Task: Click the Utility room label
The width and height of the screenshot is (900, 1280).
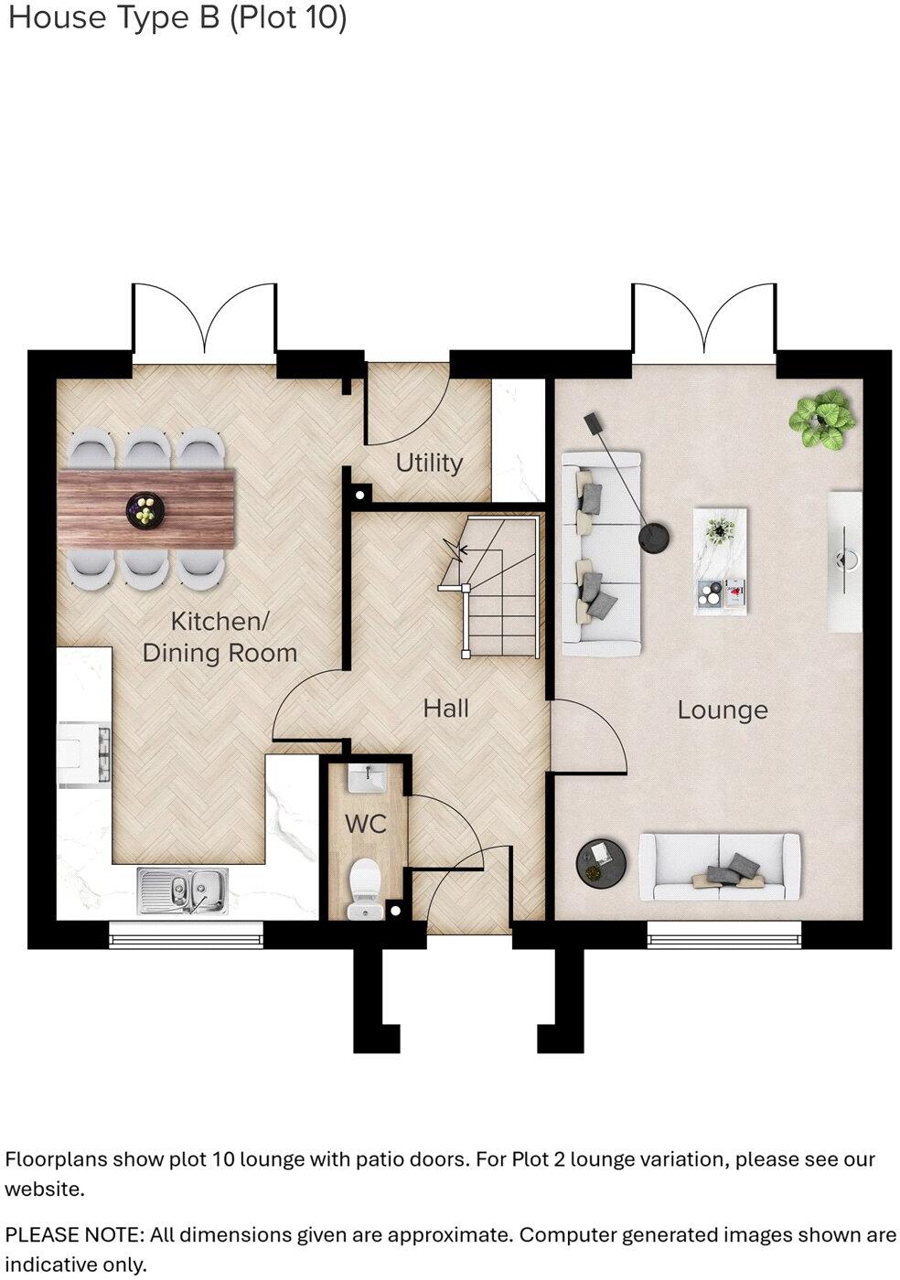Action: click(x=428, y=463)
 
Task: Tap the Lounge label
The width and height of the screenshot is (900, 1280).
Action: click(x=722, y=710)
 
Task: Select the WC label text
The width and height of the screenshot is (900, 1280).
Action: click(x=365, y=824)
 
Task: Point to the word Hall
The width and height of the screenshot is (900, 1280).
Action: click(x=445, y=708)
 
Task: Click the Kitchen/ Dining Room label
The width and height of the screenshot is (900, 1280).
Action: click(x=220, y=637)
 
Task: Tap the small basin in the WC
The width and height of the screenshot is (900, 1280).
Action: click(x=369, y=780)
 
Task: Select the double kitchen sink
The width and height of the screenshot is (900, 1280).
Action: click(x=183, y=890)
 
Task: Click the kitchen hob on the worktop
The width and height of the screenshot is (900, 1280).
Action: click(x=85, y=752)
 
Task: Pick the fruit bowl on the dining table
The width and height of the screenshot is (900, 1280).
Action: click(x=145, y=508)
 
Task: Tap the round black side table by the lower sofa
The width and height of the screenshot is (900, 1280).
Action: click(x=600, y=861)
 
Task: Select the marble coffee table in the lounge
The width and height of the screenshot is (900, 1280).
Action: click(x=721, y=560)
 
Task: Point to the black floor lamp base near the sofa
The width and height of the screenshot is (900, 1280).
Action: click(x=653, y=539)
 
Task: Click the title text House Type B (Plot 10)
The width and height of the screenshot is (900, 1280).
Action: click(x=177, y=18)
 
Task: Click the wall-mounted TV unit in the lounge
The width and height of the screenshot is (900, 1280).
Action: click(x=844, y=561)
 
